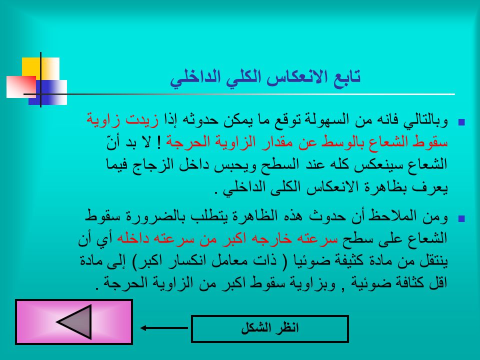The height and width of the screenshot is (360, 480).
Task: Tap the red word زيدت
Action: tap(142, 119)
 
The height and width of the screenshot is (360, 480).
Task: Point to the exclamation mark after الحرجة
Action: tap(159, 142)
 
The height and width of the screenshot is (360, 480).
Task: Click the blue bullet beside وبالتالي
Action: tap(461, 122)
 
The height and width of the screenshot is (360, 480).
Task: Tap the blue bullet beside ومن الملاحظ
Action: tap(461, 218)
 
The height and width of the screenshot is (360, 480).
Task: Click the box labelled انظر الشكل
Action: tap(269, 329)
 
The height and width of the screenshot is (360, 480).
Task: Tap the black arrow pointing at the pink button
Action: tap(164, 328)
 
